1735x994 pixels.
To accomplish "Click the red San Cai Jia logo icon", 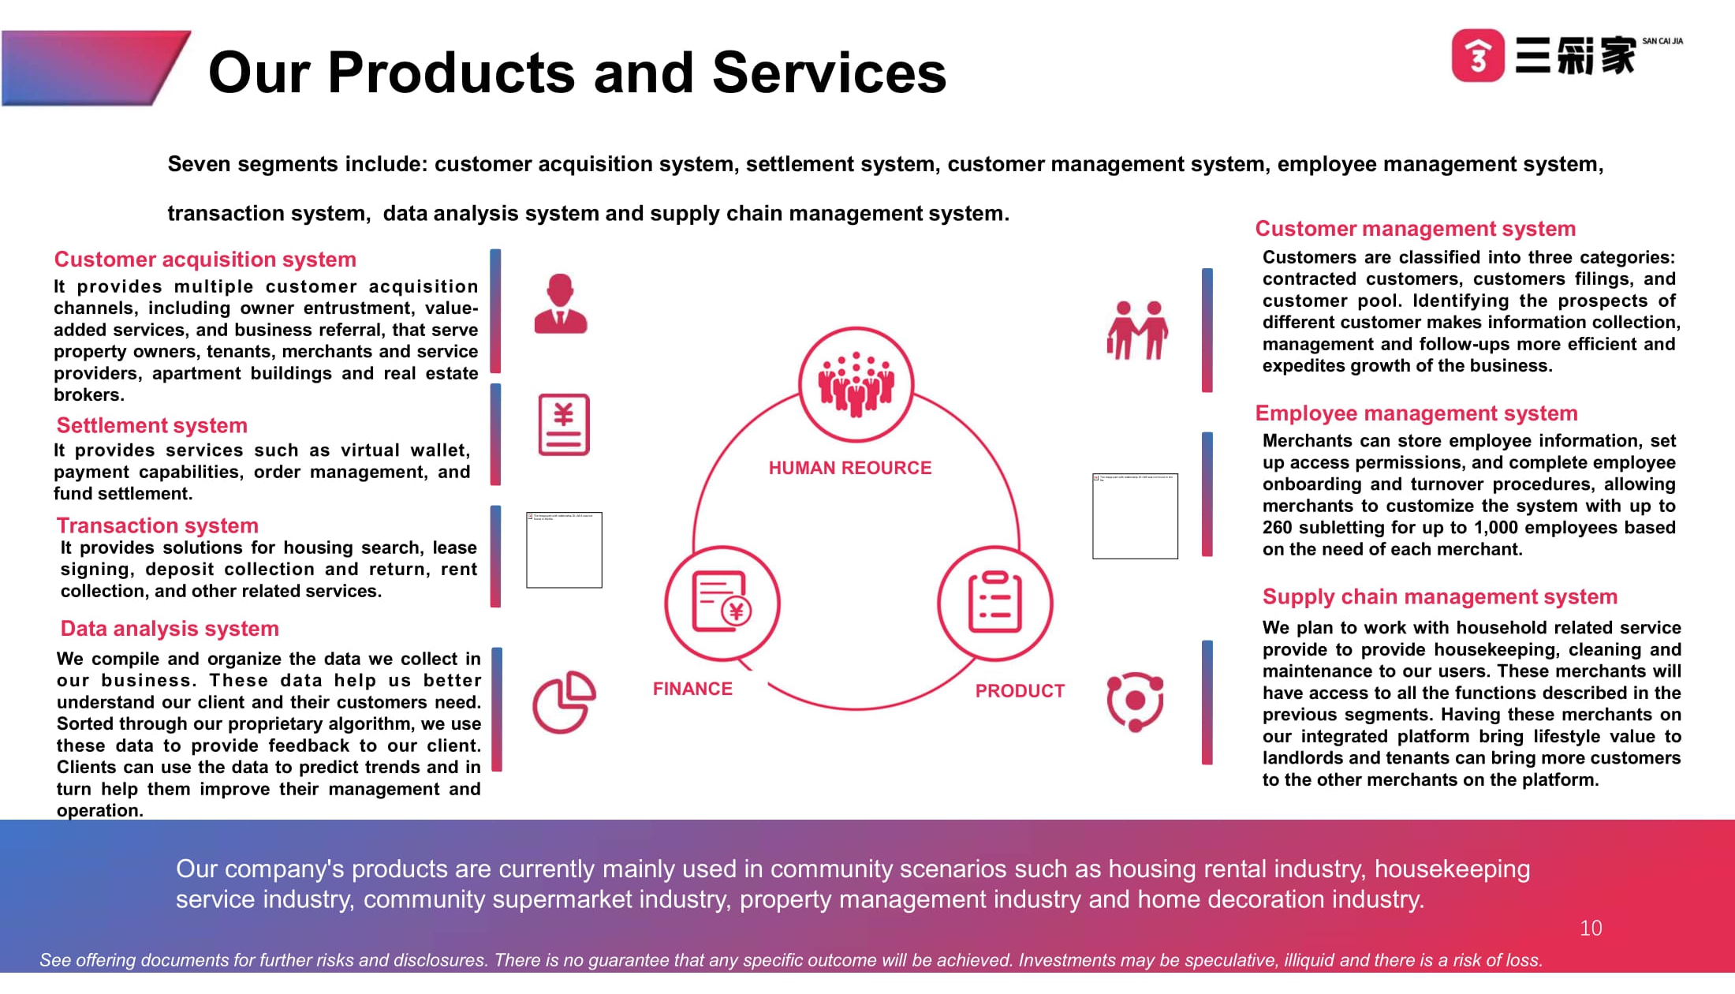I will (1478, 55).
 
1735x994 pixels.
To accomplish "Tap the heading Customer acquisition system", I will (205, 260).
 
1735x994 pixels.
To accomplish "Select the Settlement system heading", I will (152, 426).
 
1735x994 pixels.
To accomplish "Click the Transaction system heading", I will (158, 526).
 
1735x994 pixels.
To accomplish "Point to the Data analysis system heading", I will (170, 629).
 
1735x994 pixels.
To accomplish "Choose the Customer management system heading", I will (1416, 229).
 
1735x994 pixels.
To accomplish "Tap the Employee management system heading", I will (1416, 413).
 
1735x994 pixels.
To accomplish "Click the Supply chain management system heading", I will (1440, 597).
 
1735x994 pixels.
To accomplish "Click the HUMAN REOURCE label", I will (850, 469).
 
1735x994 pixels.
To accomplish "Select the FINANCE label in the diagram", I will (692, 689).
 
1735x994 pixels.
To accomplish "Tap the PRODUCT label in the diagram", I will (1020, 691).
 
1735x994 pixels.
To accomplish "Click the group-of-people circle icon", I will (856, 384).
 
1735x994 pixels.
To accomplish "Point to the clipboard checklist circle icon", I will (995, 603).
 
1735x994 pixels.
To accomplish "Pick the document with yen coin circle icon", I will (722, 603).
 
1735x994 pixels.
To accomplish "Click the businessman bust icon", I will (561, 304).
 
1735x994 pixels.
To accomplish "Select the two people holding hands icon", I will (1137, 330).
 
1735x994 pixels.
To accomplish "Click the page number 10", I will (1591, 929).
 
